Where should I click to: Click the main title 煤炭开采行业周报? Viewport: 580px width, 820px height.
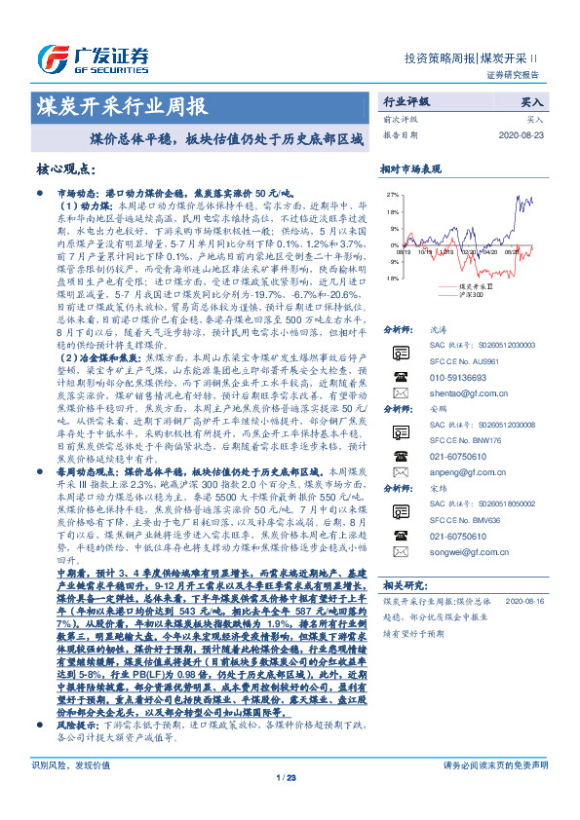pyautogui.click(x=121, y=106)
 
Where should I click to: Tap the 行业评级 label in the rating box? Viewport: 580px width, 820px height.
pyautogui.click(x=406, y=101)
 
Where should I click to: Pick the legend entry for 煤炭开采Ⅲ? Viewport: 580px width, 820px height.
pyautogui.click(x=476, y=287)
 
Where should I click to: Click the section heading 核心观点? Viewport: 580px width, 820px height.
pyautogui.click(x=66, y=168)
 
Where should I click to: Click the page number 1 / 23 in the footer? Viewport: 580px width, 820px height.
pyautogui.click(x=289, y=802)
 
